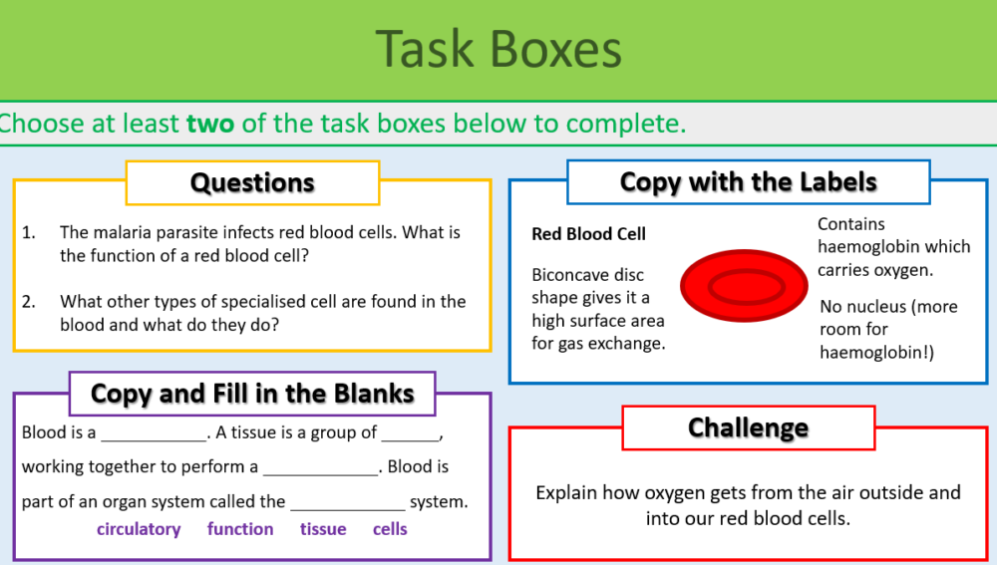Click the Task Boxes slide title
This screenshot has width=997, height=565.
pos(498,50)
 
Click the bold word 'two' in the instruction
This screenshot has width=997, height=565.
pos(209,124)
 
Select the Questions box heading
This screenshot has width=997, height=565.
pos(252,183)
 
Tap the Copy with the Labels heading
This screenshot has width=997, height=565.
pos(748,182)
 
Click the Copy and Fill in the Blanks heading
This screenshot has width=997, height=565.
pos(252,394)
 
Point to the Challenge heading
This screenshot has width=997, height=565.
pos(748,428)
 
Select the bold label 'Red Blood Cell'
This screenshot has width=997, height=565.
pos(588,234)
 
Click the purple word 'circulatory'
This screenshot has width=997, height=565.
pos(139,529)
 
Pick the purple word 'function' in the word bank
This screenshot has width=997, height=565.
pos(240,529)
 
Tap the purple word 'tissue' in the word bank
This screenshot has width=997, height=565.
pos(323,529)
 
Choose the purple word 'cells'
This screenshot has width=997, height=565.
pos(390,529)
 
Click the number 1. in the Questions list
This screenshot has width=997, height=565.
pos(29,233)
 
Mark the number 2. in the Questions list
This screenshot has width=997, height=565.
pos(29,301)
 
